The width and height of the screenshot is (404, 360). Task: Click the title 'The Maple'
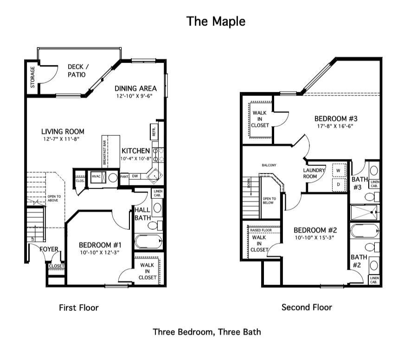(x=216, y=21)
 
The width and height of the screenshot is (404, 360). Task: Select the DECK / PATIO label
(x=78, y=70)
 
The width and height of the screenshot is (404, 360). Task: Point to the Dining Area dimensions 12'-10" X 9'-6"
(x=135, y=96)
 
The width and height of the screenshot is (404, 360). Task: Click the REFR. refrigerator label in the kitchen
(x=154, y=131)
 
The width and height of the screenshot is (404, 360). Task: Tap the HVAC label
(x=96, y=176)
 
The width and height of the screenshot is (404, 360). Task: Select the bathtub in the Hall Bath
(x=148, y=241)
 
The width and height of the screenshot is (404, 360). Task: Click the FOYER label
(x=49, y=249)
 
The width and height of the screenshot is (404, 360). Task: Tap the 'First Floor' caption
(x=79, y=307)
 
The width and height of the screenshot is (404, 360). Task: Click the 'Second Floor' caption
(x=307, y=307)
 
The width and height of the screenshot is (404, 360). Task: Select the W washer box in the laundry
(x=338, y=170)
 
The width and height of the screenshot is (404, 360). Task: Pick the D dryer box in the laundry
(x=338, y=184)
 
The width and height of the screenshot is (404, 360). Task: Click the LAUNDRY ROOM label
(x=314, y=173)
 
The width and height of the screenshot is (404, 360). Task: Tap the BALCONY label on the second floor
(x=269, y=165)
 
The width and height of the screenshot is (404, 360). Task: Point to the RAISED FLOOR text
(x=261, y=229)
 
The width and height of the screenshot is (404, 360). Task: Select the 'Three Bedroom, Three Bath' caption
(x=207, y=332)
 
